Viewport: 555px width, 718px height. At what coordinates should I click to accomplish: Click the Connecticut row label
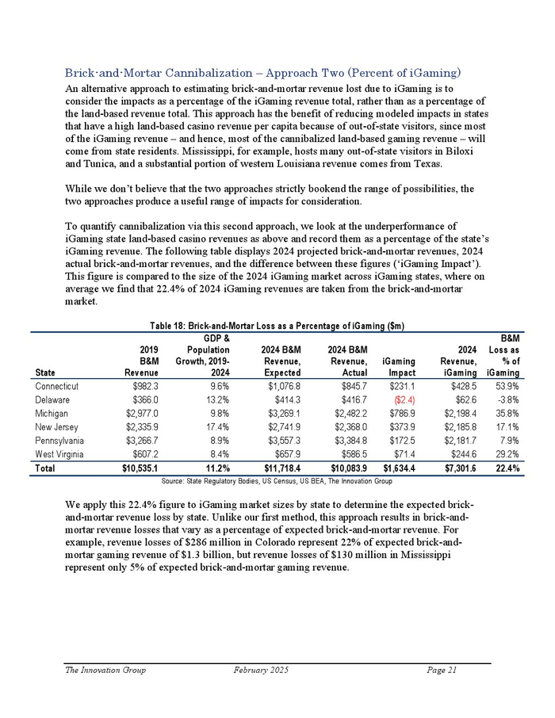89,386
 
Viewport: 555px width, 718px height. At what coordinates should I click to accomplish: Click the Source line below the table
276,481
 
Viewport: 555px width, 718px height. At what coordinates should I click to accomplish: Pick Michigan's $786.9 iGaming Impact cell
398,414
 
